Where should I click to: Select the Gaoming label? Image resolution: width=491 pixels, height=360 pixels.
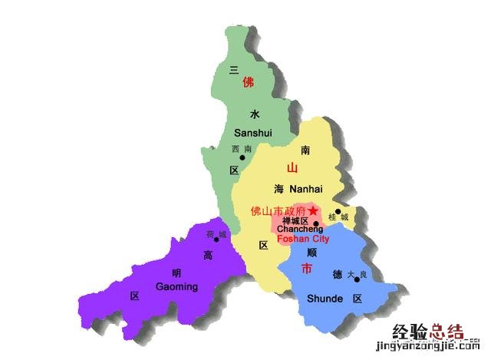pyautogui.click(x=177, y=286)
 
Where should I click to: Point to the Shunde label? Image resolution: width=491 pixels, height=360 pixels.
pyautogui.click(x=325, y=299)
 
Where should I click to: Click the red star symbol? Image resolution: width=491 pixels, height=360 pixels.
pyautogui.click(x=312, y=210)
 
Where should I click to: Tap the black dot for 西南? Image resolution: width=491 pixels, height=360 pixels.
pyautogui.click(x=242, y=158)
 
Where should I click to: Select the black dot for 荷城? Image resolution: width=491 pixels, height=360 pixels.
pyautogui.click(x=216, y=239)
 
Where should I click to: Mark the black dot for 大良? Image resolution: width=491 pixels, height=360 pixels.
pyautogui.click(x=357, y=279)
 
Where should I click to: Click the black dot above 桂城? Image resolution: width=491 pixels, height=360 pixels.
pyautogui.click(x=338, y=211)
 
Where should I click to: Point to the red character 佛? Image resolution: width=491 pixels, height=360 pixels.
pyautogui.click(x=248, y=81)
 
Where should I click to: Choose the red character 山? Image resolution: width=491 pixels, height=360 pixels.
pyautogui.click(x=292, y=168)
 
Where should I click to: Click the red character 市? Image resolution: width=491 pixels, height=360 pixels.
pyautogui.click(x=307, y=269)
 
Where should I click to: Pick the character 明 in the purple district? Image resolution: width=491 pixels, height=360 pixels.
pyautogui.click(x=176, y=272)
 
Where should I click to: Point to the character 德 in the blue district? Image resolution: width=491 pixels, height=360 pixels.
pyautogui.click(x=337, y=274)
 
